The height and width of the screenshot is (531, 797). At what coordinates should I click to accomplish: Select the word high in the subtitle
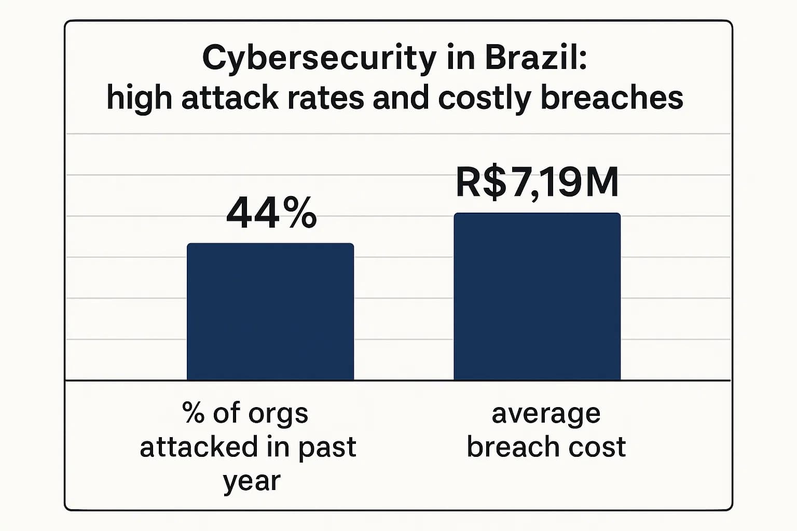(139, 97)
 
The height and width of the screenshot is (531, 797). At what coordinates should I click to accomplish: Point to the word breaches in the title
(612, 97)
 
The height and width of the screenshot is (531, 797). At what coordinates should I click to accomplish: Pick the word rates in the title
(325, 97)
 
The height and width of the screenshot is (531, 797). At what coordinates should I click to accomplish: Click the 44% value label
(271, 213)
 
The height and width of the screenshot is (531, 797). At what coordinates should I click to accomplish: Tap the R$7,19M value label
(537, 183)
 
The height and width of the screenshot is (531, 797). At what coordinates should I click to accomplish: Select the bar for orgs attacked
(270, 312)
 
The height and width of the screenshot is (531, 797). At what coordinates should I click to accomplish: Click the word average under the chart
(546, 414)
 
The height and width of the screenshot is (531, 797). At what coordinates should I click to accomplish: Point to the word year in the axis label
(252, 481)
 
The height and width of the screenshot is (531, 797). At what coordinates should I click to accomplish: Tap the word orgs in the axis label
(278, 414)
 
